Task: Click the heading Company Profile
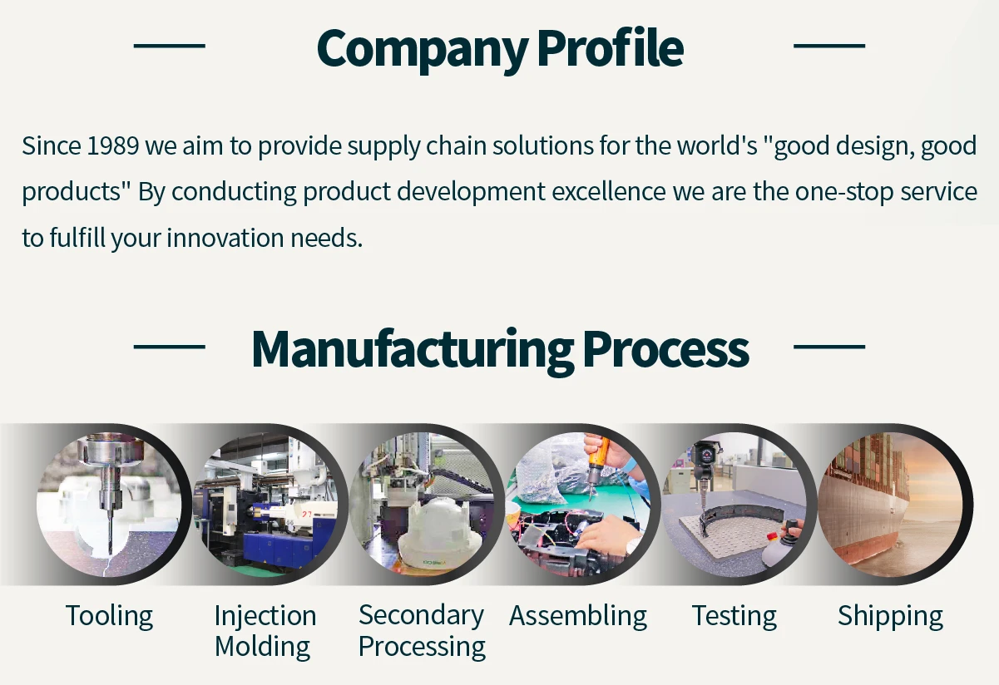[500, 48]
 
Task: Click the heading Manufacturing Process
[500, 349]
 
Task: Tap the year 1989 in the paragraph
[112, 146]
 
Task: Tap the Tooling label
[109, 616]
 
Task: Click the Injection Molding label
[265, 631]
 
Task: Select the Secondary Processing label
[422, 631]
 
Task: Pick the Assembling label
[578, 616]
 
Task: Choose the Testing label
[734, 616]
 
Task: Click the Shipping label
[890, 616]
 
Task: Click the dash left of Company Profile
[169, 46]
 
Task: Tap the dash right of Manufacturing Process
[829, 347]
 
